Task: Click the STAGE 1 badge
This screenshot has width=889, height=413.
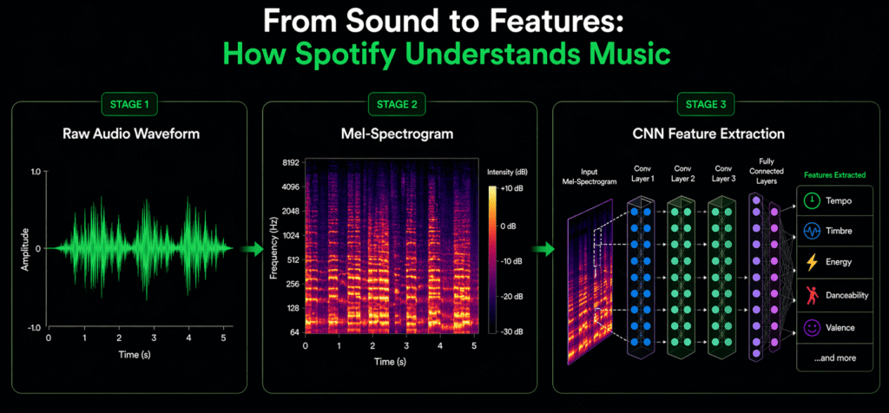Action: (129, 106)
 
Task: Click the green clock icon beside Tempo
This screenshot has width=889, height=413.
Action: (812, 200)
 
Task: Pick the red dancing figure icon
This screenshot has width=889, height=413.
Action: (812, 296)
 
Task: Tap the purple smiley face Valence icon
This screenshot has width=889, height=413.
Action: (812, 328)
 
